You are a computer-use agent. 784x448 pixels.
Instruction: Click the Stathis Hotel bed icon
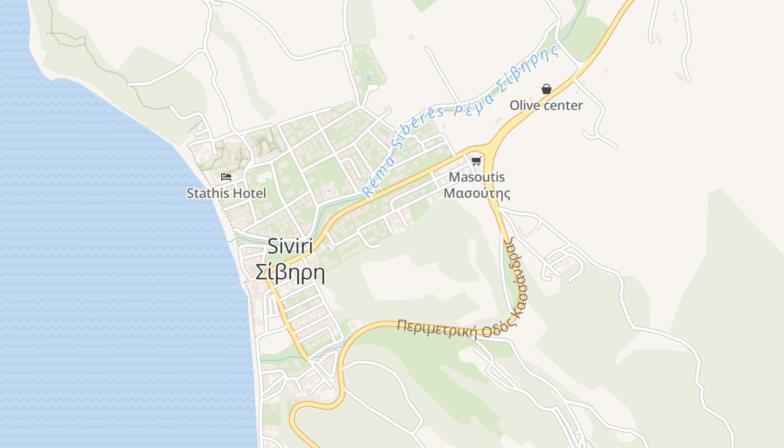pos(226,177)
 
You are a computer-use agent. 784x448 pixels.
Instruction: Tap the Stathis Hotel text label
pos(226,194)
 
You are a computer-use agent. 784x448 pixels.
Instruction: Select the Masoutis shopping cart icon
pos(476,161)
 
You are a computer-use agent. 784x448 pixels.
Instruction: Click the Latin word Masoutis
pos(477,178)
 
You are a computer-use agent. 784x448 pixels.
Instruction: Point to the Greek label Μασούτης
pos(477,194)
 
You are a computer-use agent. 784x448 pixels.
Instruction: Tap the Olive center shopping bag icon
pos(546,89)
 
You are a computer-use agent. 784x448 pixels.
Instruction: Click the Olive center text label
pos(546,105)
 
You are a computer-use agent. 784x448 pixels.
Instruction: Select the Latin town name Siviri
pos(290,246)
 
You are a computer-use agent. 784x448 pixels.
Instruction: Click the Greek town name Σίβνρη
pos(290,272)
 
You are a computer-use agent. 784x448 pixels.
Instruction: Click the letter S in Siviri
pos(274,246)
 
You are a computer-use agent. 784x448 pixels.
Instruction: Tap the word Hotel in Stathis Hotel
pos(250,194)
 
